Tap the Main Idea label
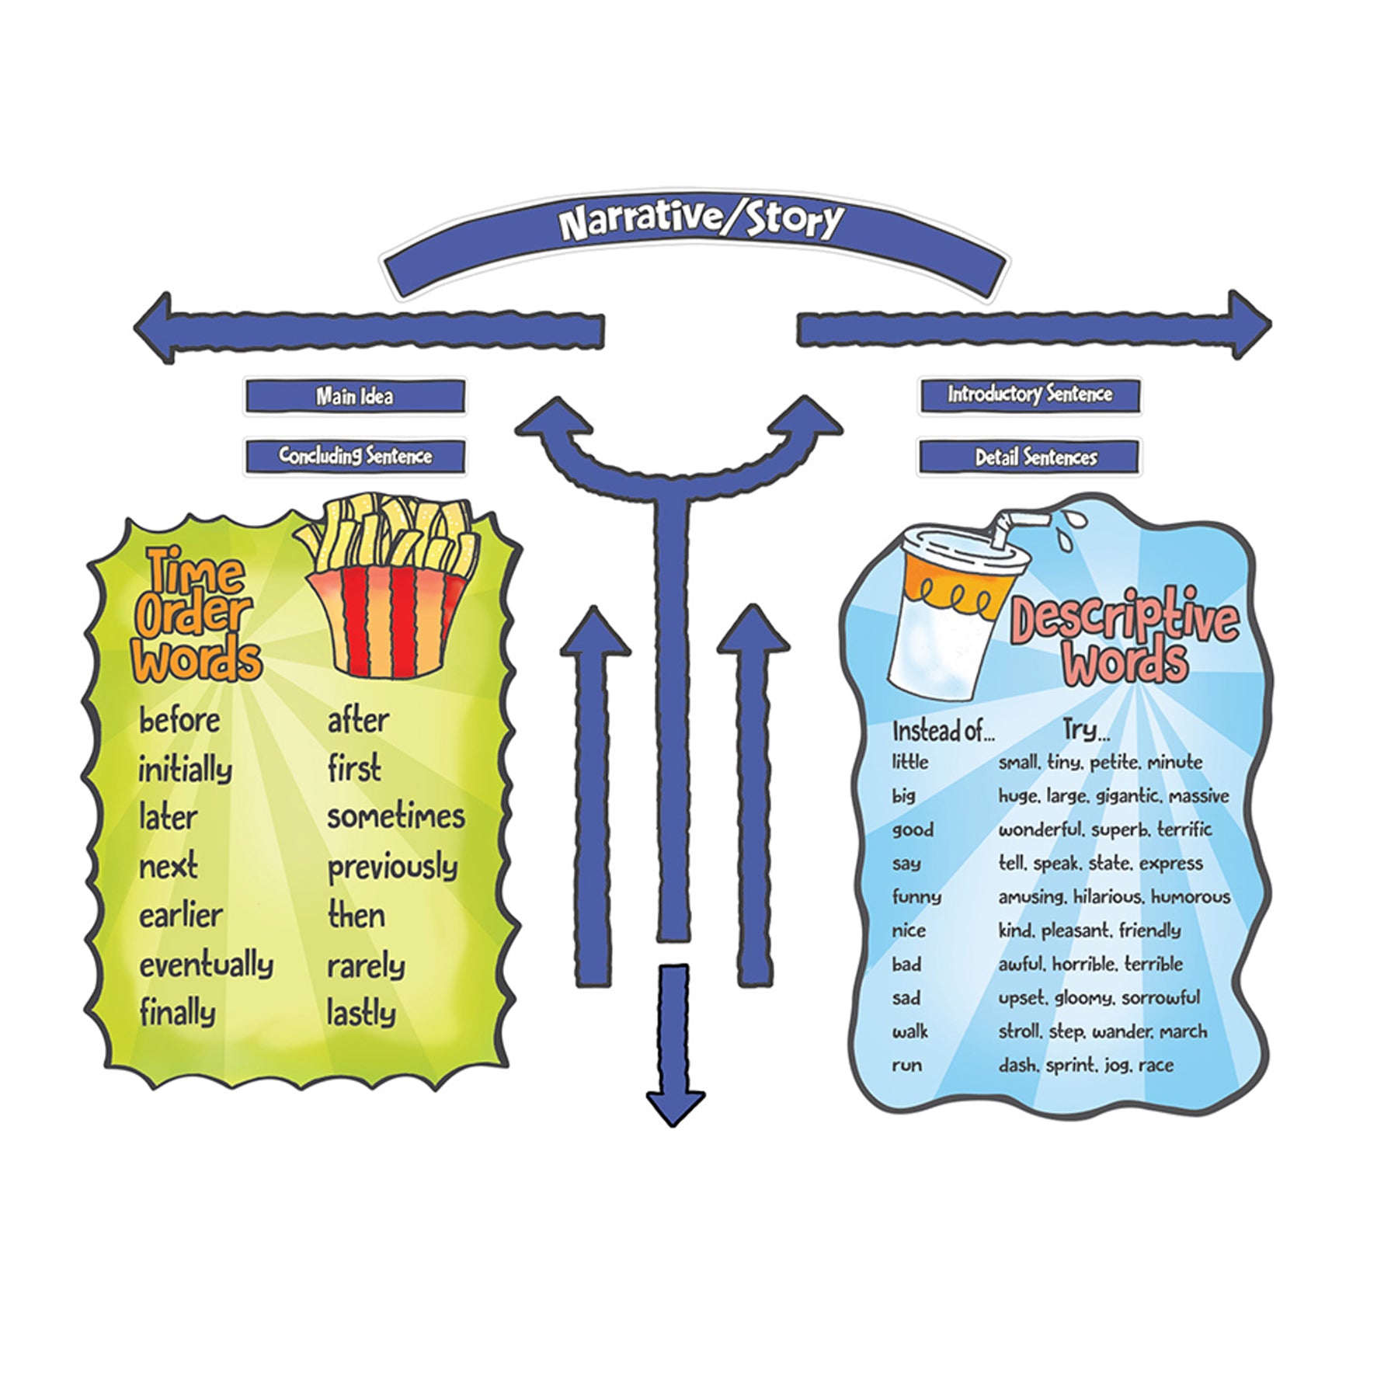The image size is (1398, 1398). (x=354, y=397)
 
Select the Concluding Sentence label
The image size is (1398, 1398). (x=355, y=456)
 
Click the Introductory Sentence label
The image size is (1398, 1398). (x=1029, y=395)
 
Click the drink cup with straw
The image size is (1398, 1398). (x=955, y=606)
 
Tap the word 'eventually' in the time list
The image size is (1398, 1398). (x=206, y=965)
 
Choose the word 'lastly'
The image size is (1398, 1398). (x=361, y=1014)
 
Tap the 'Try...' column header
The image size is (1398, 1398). (x=1086, y=730)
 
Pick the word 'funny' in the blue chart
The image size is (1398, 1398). (x=916, y=897)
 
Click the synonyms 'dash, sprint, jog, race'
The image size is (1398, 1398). (x=1085, y=1066)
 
